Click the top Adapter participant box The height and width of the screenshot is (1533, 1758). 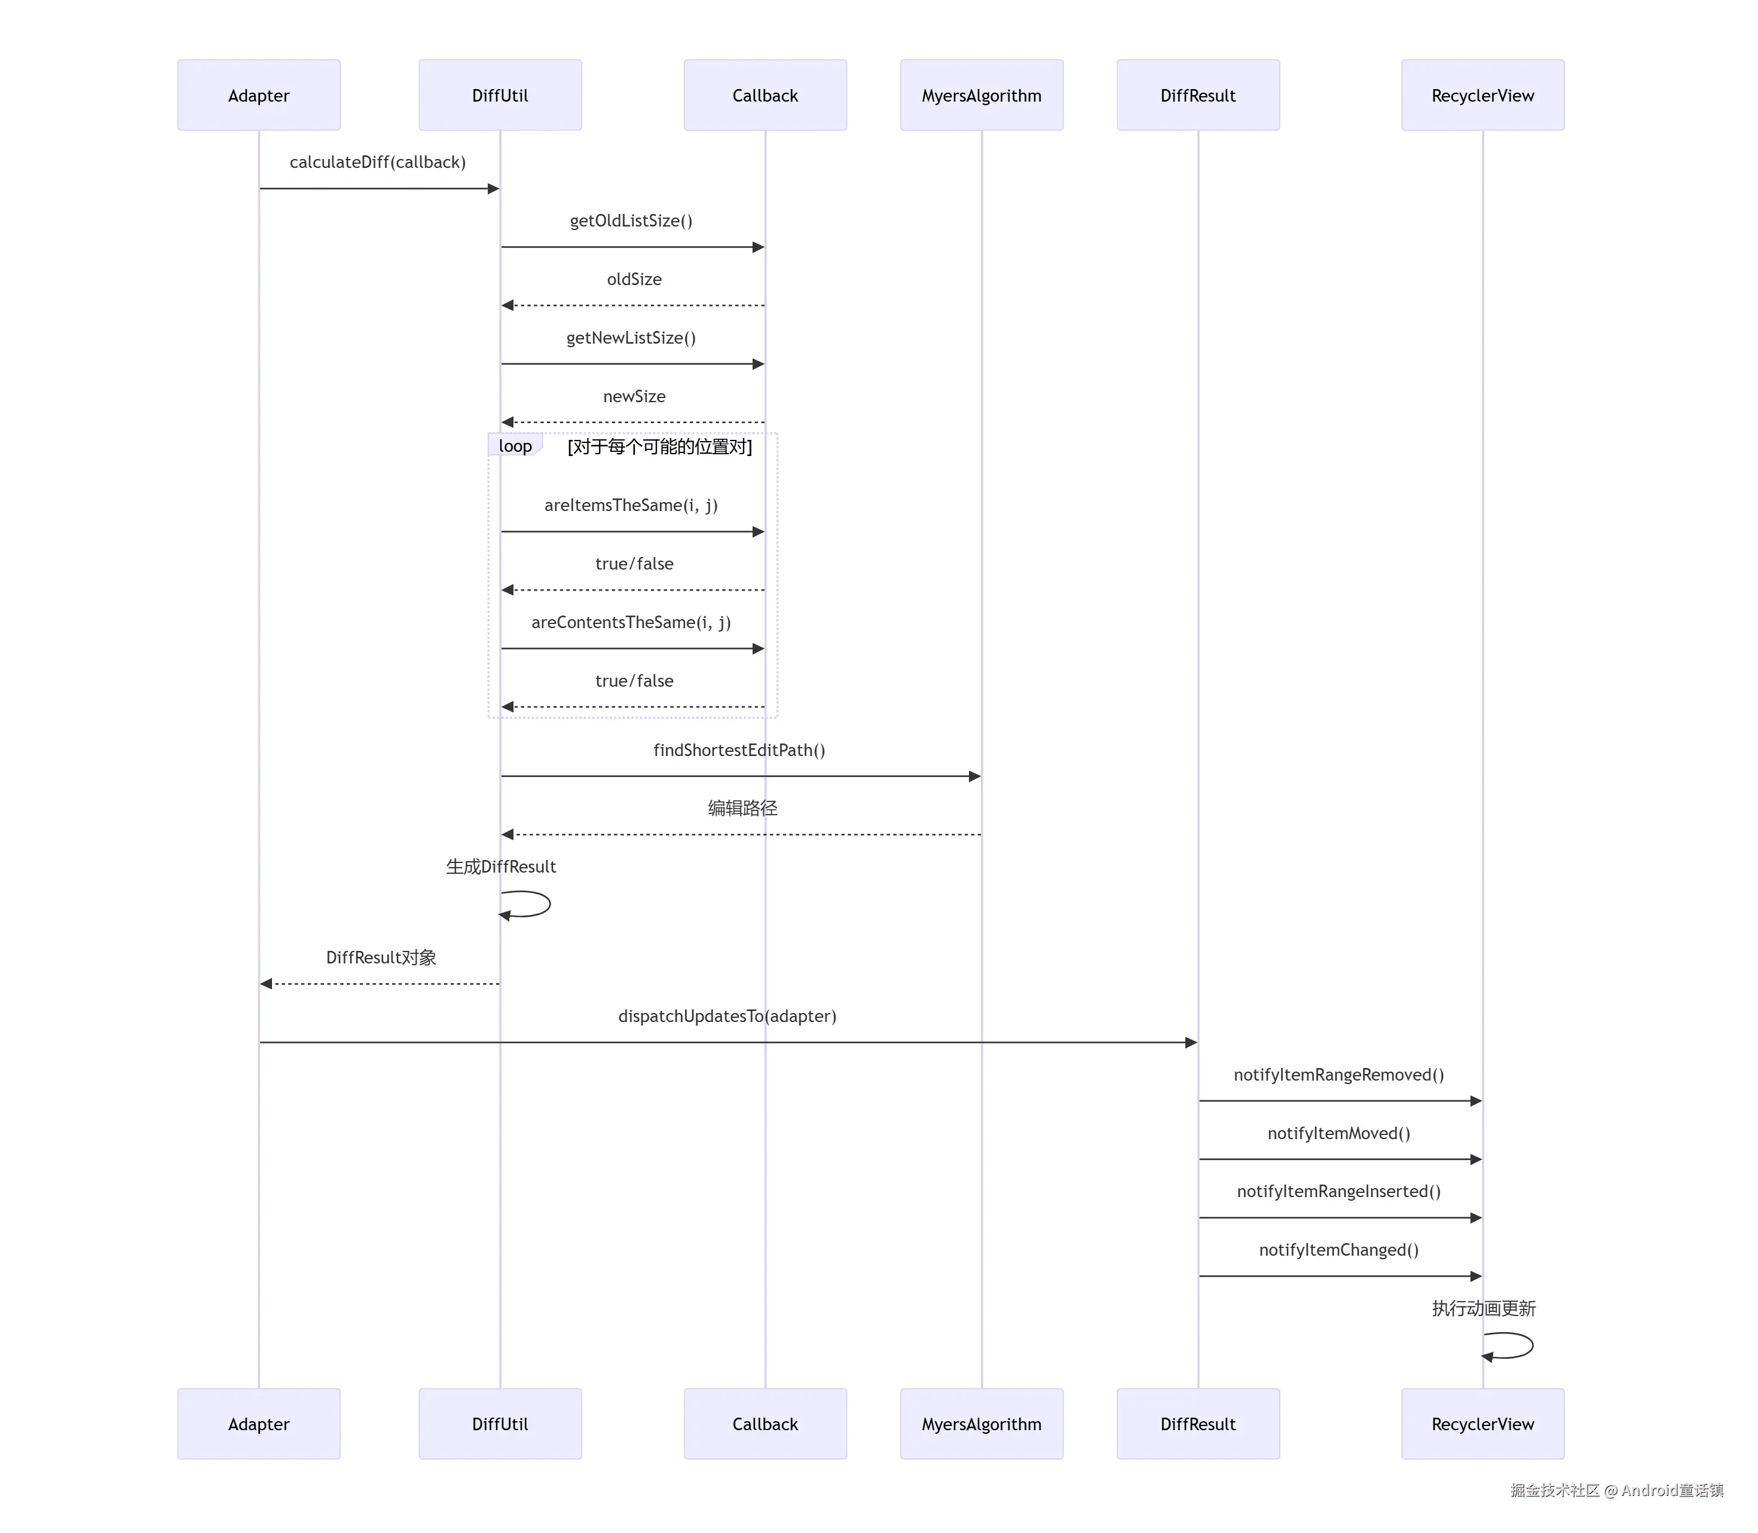pyautogui.click(x=258, y=95)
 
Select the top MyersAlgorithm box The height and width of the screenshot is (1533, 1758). pyautogui.click(x=982, y=95)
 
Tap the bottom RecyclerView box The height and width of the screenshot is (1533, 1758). pyautogui.click(x=1482, y=1424)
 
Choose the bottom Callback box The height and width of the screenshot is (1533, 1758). pyautogui.click(x=765, y=1424)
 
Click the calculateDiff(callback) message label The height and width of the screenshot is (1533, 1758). pyautogui.click(x=377, y=162)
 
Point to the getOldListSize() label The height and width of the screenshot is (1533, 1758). pyautogui.click(x=631, y=221)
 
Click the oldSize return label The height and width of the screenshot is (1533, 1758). pyautogui.click(x=634, y=279)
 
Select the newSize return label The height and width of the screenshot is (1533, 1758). pyautogui.click(x=634, y=396)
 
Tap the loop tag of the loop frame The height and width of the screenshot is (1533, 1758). pyautogui.click(x=515, y=446)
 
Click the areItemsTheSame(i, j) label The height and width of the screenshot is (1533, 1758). pyautogui.click(x=631, y=505)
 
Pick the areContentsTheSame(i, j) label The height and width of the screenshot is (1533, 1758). pyautogui.click(x=631, y=622)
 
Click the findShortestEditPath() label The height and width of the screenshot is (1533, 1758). pyautogui.click(x=739, y=749)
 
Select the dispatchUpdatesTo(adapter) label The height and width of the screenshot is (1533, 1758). pyautogui.click(x=727, y=1015)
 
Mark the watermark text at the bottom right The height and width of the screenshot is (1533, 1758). pyautogui.click(x=1616, y=1490)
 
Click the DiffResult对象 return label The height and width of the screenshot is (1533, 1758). pyautogui.click(x=381, y=957)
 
